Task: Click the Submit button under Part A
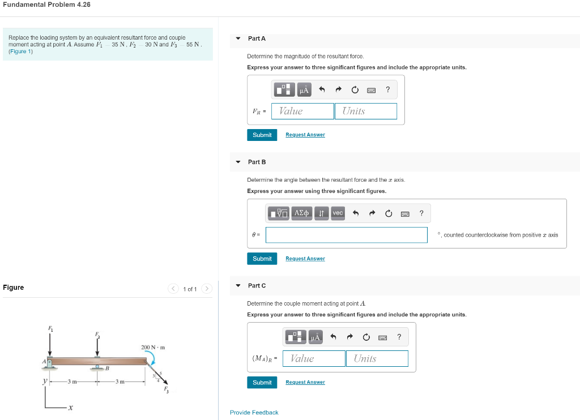pos(262,135)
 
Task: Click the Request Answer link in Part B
pos(305,259)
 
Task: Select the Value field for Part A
pos(302,111)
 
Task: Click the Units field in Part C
pos(377,358)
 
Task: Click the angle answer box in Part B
pos(346,235)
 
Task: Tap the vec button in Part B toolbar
pos(338,213)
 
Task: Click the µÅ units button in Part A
pos(304,89)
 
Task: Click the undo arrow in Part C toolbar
pos(333,337)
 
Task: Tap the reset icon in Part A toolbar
pos(355,89)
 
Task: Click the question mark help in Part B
pos(421,213)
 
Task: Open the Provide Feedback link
pos(254,413)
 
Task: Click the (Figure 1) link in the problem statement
pos(21,52)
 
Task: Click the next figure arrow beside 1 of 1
pos(207,289)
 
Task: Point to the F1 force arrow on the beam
pos(50,342)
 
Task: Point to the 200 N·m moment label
pos(152,347)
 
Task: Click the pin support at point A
pos(50,363)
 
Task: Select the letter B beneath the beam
pos(106,368)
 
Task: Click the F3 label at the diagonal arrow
pos(166,389)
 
